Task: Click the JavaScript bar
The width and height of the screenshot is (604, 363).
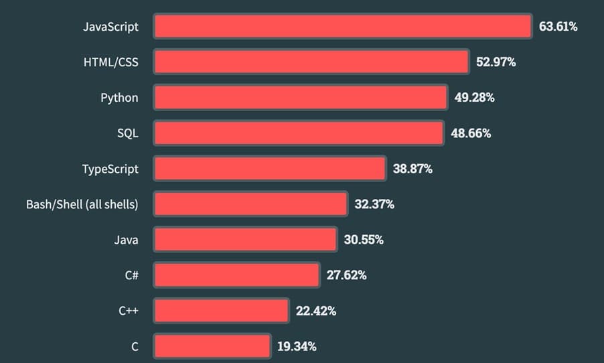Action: pyautogui.click(x=343, y=27)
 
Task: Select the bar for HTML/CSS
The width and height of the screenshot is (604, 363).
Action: pyautogui.click(x=311, y=62)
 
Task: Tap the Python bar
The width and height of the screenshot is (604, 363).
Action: pyautogui.click(x=301, y=98)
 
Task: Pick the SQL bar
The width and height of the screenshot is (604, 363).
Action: pyautogui.click(x=299, y=133)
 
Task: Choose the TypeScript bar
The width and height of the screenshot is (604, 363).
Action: pyautogui.click(x=270, y=169)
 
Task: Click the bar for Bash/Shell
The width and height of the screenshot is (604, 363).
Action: pyautogui.click(x=251, y=204)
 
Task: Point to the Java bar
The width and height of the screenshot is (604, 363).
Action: pyautogui.click(x=245, y=240)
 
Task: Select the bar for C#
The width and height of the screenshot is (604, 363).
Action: pyautogui.click(x=236, y=275)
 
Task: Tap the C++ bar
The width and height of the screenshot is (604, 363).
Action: pyautogui.click(x=222, y=311)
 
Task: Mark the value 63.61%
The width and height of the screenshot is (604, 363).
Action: pyautogui.click(x=558, y=27)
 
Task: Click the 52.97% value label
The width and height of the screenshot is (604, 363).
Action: pyautogui.click(x=496, y=62)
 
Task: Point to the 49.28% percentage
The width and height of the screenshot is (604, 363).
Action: pyautogui.click(x=474, y=98)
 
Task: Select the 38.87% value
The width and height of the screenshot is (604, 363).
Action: pyautogui.click(x=412, y=169)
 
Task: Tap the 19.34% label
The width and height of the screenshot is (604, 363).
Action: pyautogui.click(x=297, y=346)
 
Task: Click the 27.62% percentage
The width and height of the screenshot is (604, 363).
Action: pyautogui.click(x=346, y=275)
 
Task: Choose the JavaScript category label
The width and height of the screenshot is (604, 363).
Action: pyautogui.click(x=110, y=27)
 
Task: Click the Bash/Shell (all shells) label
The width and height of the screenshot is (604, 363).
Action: pyautogui.click(x=82, y=204)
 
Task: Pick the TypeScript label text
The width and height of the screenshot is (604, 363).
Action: pyautogui.click(x=110, y=169)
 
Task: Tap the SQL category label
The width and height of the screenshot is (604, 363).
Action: pyautogui.click(x=127, y=133)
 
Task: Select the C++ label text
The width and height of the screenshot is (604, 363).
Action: pyautogui.click(x=129, y=311)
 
